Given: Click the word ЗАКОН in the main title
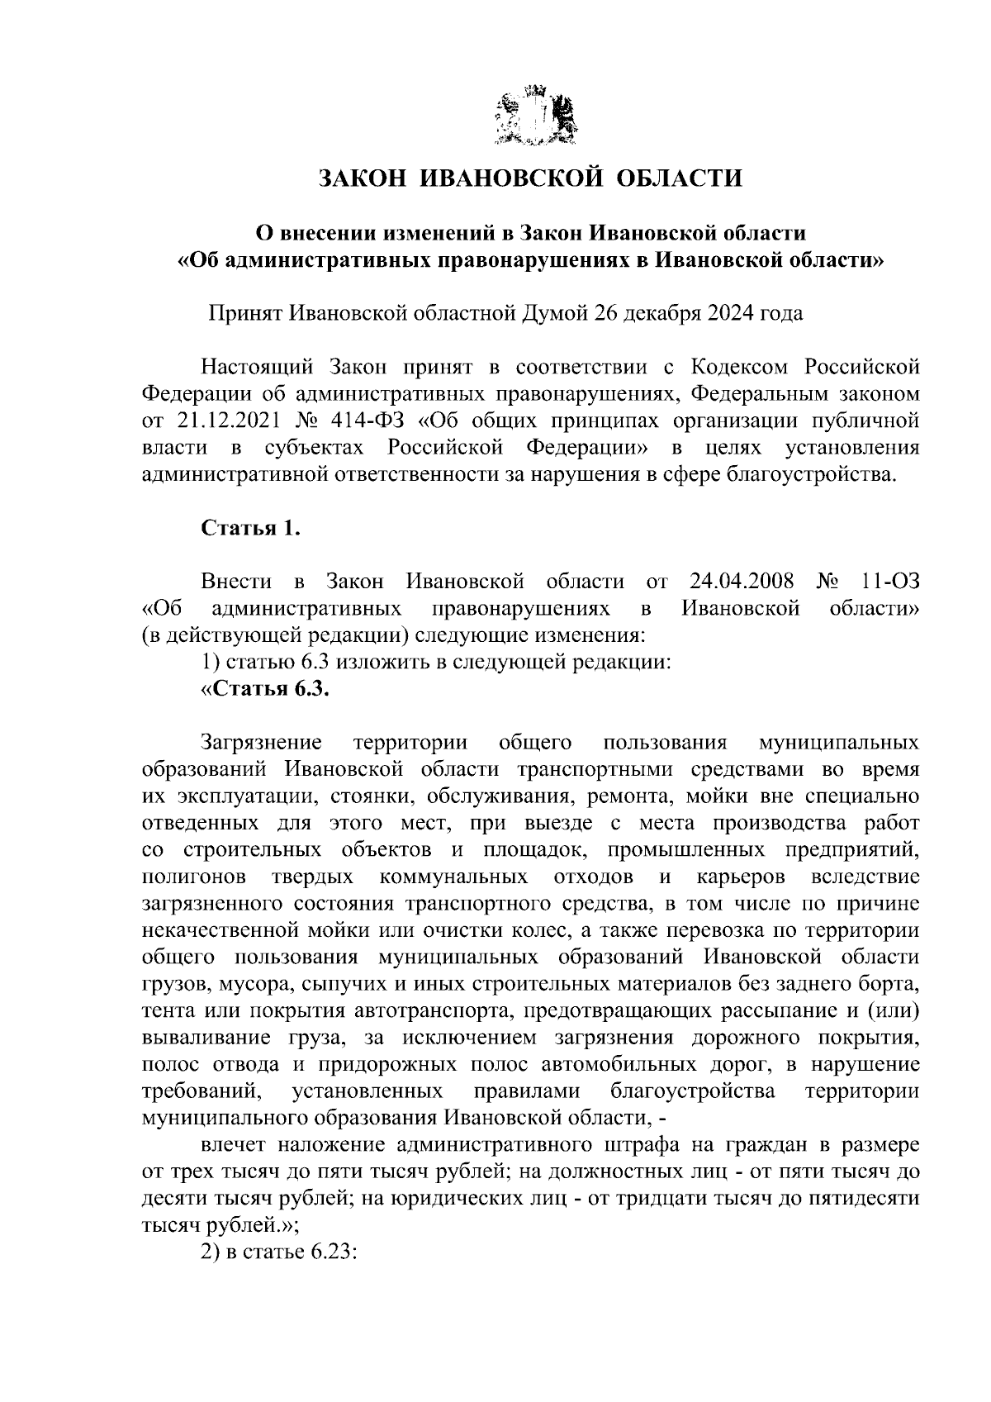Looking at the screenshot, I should [x=361, y=178].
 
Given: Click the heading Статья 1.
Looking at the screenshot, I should [x=250, y=528].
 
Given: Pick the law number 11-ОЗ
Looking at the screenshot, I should [x=889, y=582].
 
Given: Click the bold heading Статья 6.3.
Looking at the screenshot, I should [x=266, y=690].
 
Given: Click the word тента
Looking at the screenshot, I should [x=168, y=1010].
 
